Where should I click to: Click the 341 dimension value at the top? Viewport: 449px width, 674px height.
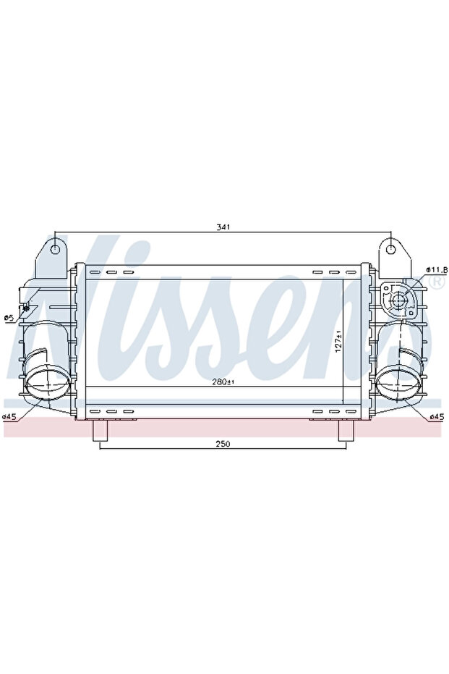coord(223,228)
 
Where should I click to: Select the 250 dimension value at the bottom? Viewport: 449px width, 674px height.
coord(223,444)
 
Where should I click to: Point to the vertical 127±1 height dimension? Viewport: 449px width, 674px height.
coord(337,340)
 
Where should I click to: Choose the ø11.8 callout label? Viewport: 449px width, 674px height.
coord(435,270)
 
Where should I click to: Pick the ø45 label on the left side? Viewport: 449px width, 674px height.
coord(9,416)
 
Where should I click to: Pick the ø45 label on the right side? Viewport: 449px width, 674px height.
coord(436,416)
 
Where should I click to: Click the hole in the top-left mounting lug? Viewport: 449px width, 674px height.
coord(56,250)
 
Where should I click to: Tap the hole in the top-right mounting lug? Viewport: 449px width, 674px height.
coord(391,250)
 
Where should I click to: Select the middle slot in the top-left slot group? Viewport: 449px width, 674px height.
coord(112,272)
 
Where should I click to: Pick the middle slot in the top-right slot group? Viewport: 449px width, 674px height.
coord(333,272)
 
